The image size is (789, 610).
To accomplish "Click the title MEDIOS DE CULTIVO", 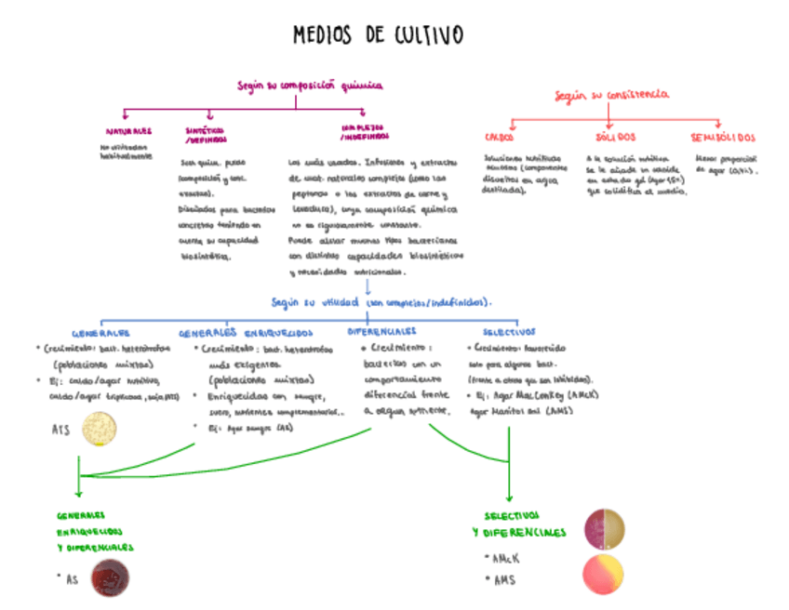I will [x=378, y=36].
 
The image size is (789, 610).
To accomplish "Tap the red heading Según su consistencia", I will [x=611, y=95].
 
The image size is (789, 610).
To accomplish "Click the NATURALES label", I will [x=128, y=132].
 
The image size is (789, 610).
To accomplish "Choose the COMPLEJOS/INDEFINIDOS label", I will [x=364, y=132].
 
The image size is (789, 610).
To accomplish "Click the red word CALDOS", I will [x=499, y=137].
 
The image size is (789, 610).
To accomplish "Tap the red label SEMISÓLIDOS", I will [x=723, y=137].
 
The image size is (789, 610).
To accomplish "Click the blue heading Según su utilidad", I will [x=381, y=303].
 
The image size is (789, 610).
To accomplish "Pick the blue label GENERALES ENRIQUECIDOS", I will [x=246, y=332].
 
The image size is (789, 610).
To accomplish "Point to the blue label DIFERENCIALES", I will [x=382, y=331].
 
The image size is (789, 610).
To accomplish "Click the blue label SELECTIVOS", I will [x=509, y=332].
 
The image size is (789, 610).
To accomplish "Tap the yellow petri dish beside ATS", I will [x=100, y=429].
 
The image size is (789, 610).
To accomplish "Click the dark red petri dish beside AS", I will [x=110, y=578].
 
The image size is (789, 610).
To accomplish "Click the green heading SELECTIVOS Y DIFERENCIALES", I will [x=518, y=524].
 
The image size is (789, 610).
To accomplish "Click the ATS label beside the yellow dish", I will [x=61, y=430].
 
